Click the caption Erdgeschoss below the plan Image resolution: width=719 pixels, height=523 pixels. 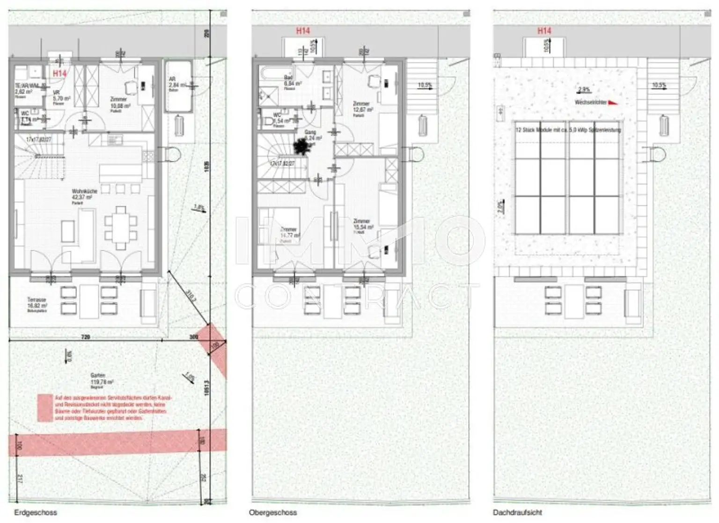(x=36, y=512)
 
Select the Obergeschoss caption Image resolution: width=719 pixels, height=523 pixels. (x=273, y=512)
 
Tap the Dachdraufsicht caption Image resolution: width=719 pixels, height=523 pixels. (x=517, y=512)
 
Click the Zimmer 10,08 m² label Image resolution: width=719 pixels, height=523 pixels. (x=120, y=103)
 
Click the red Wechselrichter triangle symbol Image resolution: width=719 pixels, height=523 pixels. (x=612, y=103)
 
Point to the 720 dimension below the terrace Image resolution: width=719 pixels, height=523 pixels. (x=85, y=337)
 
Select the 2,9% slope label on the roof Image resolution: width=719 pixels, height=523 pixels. (x=584, y=89)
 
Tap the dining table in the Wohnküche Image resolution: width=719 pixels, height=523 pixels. (x=121, y=228)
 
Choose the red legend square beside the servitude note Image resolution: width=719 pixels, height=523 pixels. (x=45, y=407)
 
